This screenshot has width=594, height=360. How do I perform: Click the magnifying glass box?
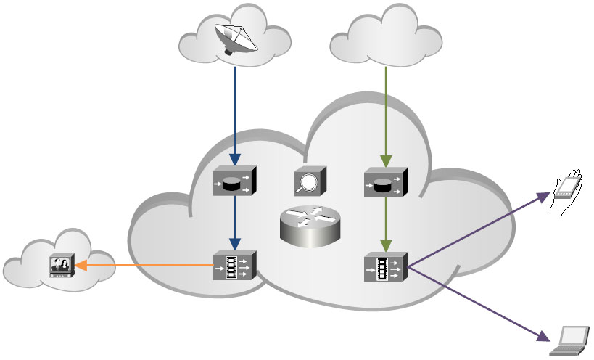(310, 181)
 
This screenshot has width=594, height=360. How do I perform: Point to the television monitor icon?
(59, 266)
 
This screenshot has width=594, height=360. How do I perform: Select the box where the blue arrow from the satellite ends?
(234, 183)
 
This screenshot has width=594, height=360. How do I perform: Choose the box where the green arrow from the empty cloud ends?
(385, 184)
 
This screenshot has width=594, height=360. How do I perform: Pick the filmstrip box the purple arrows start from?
(385, 269)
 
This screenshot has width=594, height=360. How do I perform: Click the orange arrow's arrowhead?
(79, 266)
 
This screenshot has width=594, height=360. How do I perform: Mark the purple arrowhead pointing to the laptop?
(545, 337)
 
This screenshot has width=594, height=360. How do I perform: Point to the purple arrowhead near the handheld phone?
(545, 195)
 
